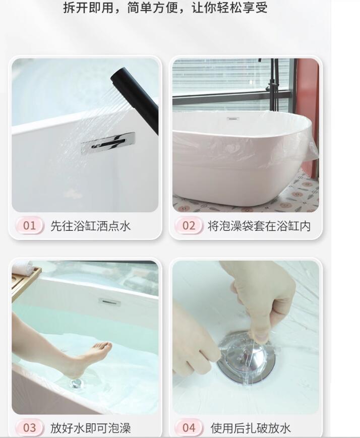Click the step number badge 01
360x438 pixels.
[30, 226]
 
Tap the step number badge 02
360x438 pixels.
[189, 226]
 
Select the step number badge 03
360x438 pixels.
[30, 427]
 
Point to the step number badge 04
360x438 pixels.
[189, 427]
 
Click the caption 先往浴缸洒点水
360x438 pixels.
[91, 226]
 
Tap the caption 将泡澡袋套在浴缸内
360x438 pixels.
[259, 226]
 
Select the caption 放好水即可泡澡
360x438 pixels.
[91, 428]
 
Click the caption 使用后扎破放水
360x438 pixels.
[251, 428]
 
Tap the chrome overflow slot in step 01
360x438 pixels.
[108, 143]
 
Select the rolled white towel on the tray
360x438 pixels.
[24, 267]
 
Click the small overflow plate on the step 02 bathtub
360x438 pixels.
[232, 119]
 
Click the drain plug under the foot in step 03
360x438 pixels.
[77, 384]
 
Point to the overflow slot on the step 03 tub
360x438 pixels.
[109, 302]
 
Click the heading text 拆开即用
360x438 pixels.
[88, 8]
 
